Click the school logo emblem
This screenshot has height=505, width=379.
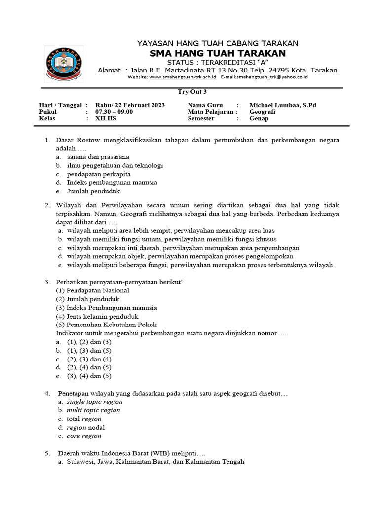click(x=63, y=64)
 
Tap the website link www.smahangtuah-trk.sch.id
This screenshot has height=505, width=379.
click(x=182, y=77)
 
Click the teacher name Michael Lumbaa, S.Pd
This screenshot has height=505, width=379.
click(x=283, y=105)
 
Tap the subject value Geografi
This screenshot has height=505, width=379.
click(x=263, y=112)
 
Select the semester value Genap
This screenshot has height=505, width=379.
click(x=259, y=119)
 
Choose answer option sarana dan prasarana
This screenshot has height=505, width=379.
click(x=98, y=157)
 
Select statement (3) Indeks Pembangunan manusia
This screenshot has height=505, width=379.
click(x=107, y=308)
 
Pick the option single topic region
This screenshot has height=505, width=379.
click(x=94, y=402)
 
